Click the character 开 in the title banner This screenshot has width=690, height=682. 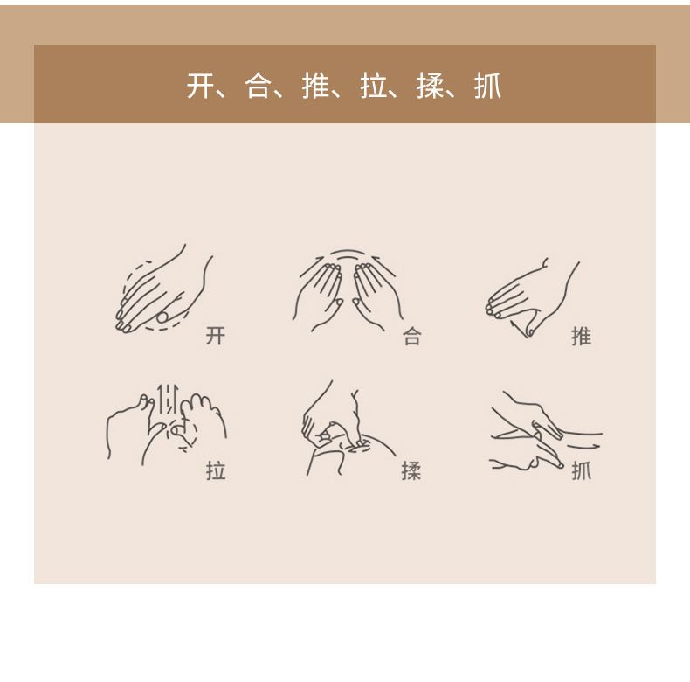click(x=200, y=86)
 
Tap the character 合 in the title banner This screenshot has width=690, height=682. click(x=258, y=86)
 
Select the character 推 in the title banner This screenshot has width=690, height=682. click(x=315, y=86)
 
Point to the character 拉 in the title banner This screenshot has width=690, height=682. click(x=373, y=86)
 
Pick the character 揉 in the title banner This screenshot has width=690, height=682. click(x=431, y=86)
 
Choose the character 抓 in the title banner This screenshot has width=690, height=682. click(x=488, y=86)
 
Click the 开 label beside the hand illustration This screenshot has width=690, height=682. click(x=216, y=336)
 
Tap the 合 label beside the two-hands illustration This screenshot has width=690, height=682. click(x=412, y=337)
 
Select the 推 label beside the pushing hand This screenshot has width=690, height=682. click(x=582, y=336)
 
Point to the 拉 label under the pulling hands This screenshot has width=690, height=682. click(x=216, y=470)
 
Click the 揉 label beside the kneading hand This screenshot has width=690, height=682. click(x=411, y=470)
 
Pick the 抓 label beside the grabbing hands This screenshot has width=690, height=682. click(x=582, y=470)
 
